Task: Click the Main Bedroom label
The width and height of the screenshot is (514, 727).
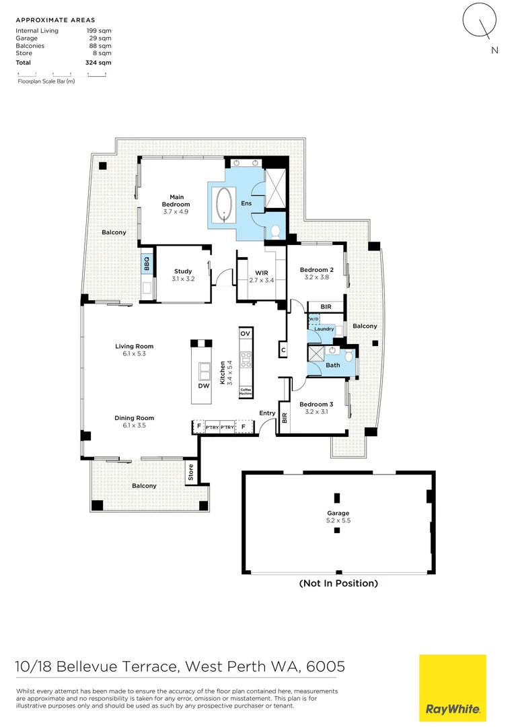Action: pyautogui.click(x=176, y=204)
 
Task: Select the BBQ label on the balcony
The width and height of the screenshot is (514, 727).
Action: pyautogui.click(x=146, y=263)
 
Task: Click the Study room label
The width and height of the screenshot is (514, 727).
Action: pyautogui.click(x=183, y=275)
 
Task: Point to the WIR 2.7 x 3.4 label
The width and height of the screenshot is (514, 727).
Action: pyautogui.click(x=262, y=276)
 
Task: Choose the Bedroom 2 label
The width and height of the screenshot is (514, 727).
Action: pyautogui.click(x=316, y=273)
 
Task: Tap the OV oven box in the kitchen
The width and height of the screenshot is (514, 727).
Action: pyautogui.click(x=245, y=334)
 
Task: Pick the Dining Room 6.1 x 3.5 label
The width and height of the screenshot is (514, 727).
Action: pyautogui.click(x=130, y=421)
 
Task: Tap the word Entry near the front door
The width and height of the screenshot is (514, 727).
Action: pyautogui.click(x=267, y=413)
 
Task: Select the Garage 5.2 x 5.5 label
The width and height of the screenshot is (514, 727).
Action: pyautogui.click(x=338, y=516)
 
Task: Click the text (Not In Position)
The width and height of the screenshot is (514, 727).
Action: pyautogui.click(x=338, y=583)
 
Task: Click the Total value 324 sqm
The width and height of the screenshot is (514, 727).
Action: pyautogui.click(x=99, y=62)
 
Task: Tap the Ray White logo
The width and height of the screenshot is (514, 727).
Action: pyautogui.click(x=452, y=687)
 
